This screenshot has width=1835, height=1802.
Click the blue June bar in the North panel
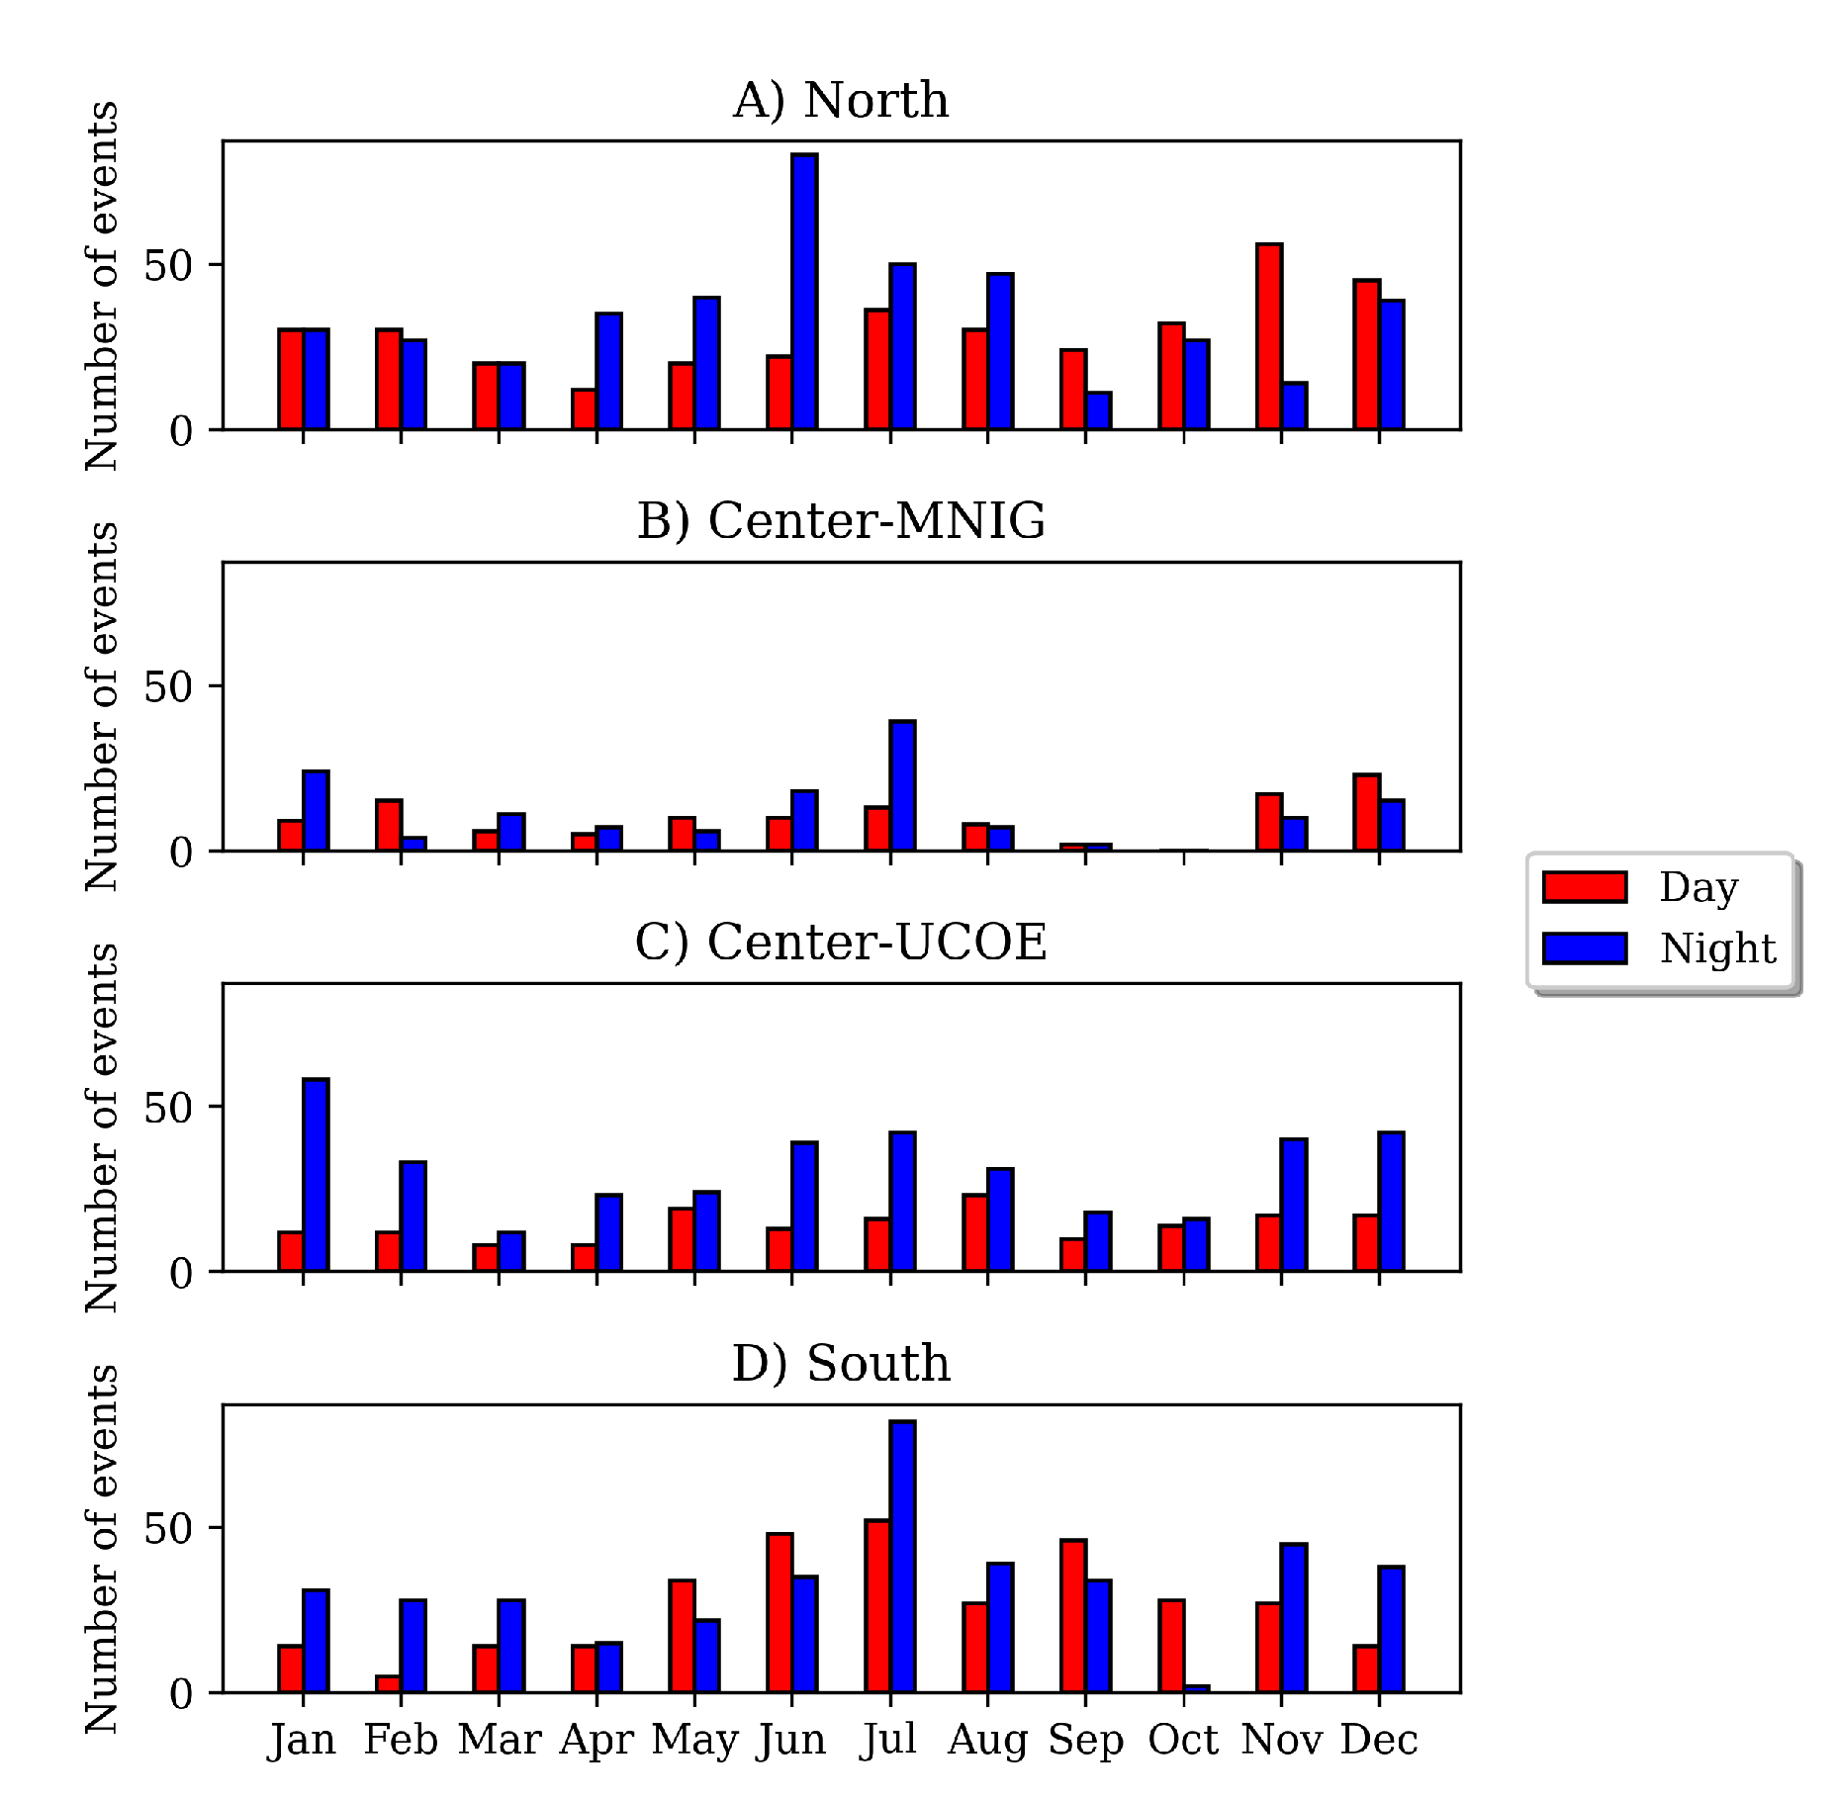click(804, 292)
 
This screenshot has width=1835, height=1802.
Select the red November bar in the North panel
click(1269, 336)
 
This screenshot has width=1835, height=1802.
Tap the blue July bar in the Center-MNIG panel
click(902, 785)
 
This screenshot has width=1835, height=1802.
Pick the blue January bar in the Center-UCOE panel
click(316, 1175)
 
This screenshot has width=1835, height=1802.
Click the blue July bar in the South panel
click(902, 1557)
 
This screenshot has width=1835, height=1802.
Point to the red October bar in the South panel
click(1171, 1647)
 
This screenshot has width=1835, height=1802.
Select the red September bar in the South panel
click(1073, 1616)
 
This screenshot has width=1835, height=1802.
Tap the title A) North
click(841, 101)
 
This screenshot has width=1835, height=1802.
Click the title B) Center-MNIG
click(841, 521)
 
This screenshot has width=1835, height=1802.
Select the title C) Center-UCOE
click(841, 942)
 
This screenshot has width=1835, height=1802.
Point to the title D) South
click(841, 1363)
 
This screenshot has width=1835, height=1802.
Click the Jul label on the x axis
click(888, 1739)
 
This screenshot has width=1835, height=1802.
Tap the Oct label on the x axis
click(1183, 1739)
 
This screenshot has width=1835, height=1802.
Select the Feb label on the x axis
click(401, 1739)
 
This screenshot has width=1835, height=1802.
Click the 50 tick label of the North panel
click(168, 266)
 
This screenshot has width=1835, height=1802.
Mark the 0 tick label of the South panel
click(181, 1694)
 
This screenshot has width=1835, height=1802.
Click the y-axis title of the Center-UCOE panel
click(102, 1127)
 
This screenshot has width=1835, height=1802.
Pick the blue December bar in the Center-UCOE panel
click(1391, 1202)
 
